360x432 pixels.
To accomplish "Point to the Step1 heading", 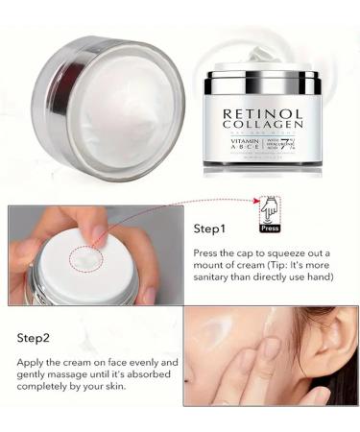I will click(x=210, y=230).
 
